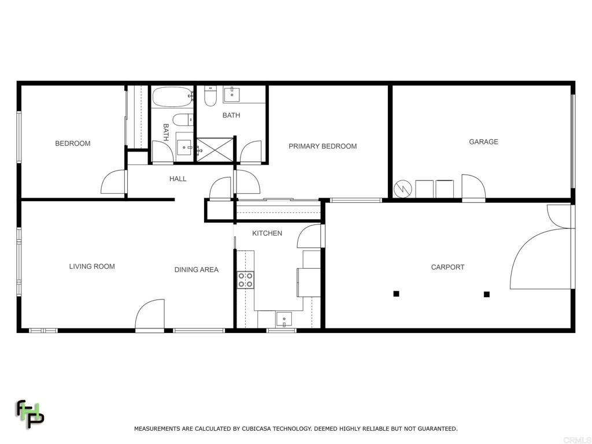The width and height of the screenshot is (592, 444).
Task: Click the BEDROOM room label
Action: tap(72, 143)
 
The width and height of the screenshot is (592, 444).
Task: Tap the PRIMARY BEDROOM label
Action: tap(323, 146)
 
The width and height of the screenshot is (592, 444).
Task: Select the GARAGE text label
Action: tap(483, 142)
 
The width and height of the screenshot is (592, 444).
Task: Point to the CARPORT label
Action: tap(447, 267)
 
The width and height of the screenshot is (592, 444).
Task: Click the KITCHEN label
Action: tap(267, 234)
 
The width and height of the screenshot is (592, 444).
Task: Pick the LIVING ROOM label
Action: tap(92, 267)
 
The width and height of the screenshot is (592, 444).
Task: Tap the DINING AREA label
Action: tap(197, 269)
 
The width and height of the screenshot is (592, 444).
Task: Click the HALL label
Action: tap(177, 179)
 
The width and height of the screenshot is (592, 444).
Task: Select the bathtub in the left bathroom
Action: tap(173, 97)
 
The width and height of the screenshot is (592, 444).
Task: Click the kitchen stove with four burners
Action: tap(245, 280)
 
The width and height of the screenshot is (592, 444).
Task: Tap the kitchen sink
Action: tap(284, 320)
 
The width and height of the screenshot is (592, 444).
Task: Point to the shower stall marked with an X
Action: tap(214, 150)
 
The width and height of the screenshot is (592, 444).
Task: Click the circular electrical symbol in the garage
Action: tap(402, 188)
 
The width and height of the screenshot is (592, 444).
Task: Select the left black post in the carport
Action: tap(396, 294)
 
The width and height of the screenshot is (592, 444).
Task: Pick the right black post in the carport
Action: tap(487, 294)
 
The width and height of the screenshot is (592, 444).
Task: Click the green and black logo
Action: tap(30, 414)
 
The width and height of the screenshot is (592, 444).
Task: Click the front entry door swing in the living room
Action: tap(150, 315)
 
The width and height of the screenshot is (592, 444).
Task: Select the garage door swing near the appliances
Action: tap(473, 187)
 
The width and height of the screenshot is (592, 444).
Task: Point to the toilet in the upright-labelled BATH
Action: tap(210, 97)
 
